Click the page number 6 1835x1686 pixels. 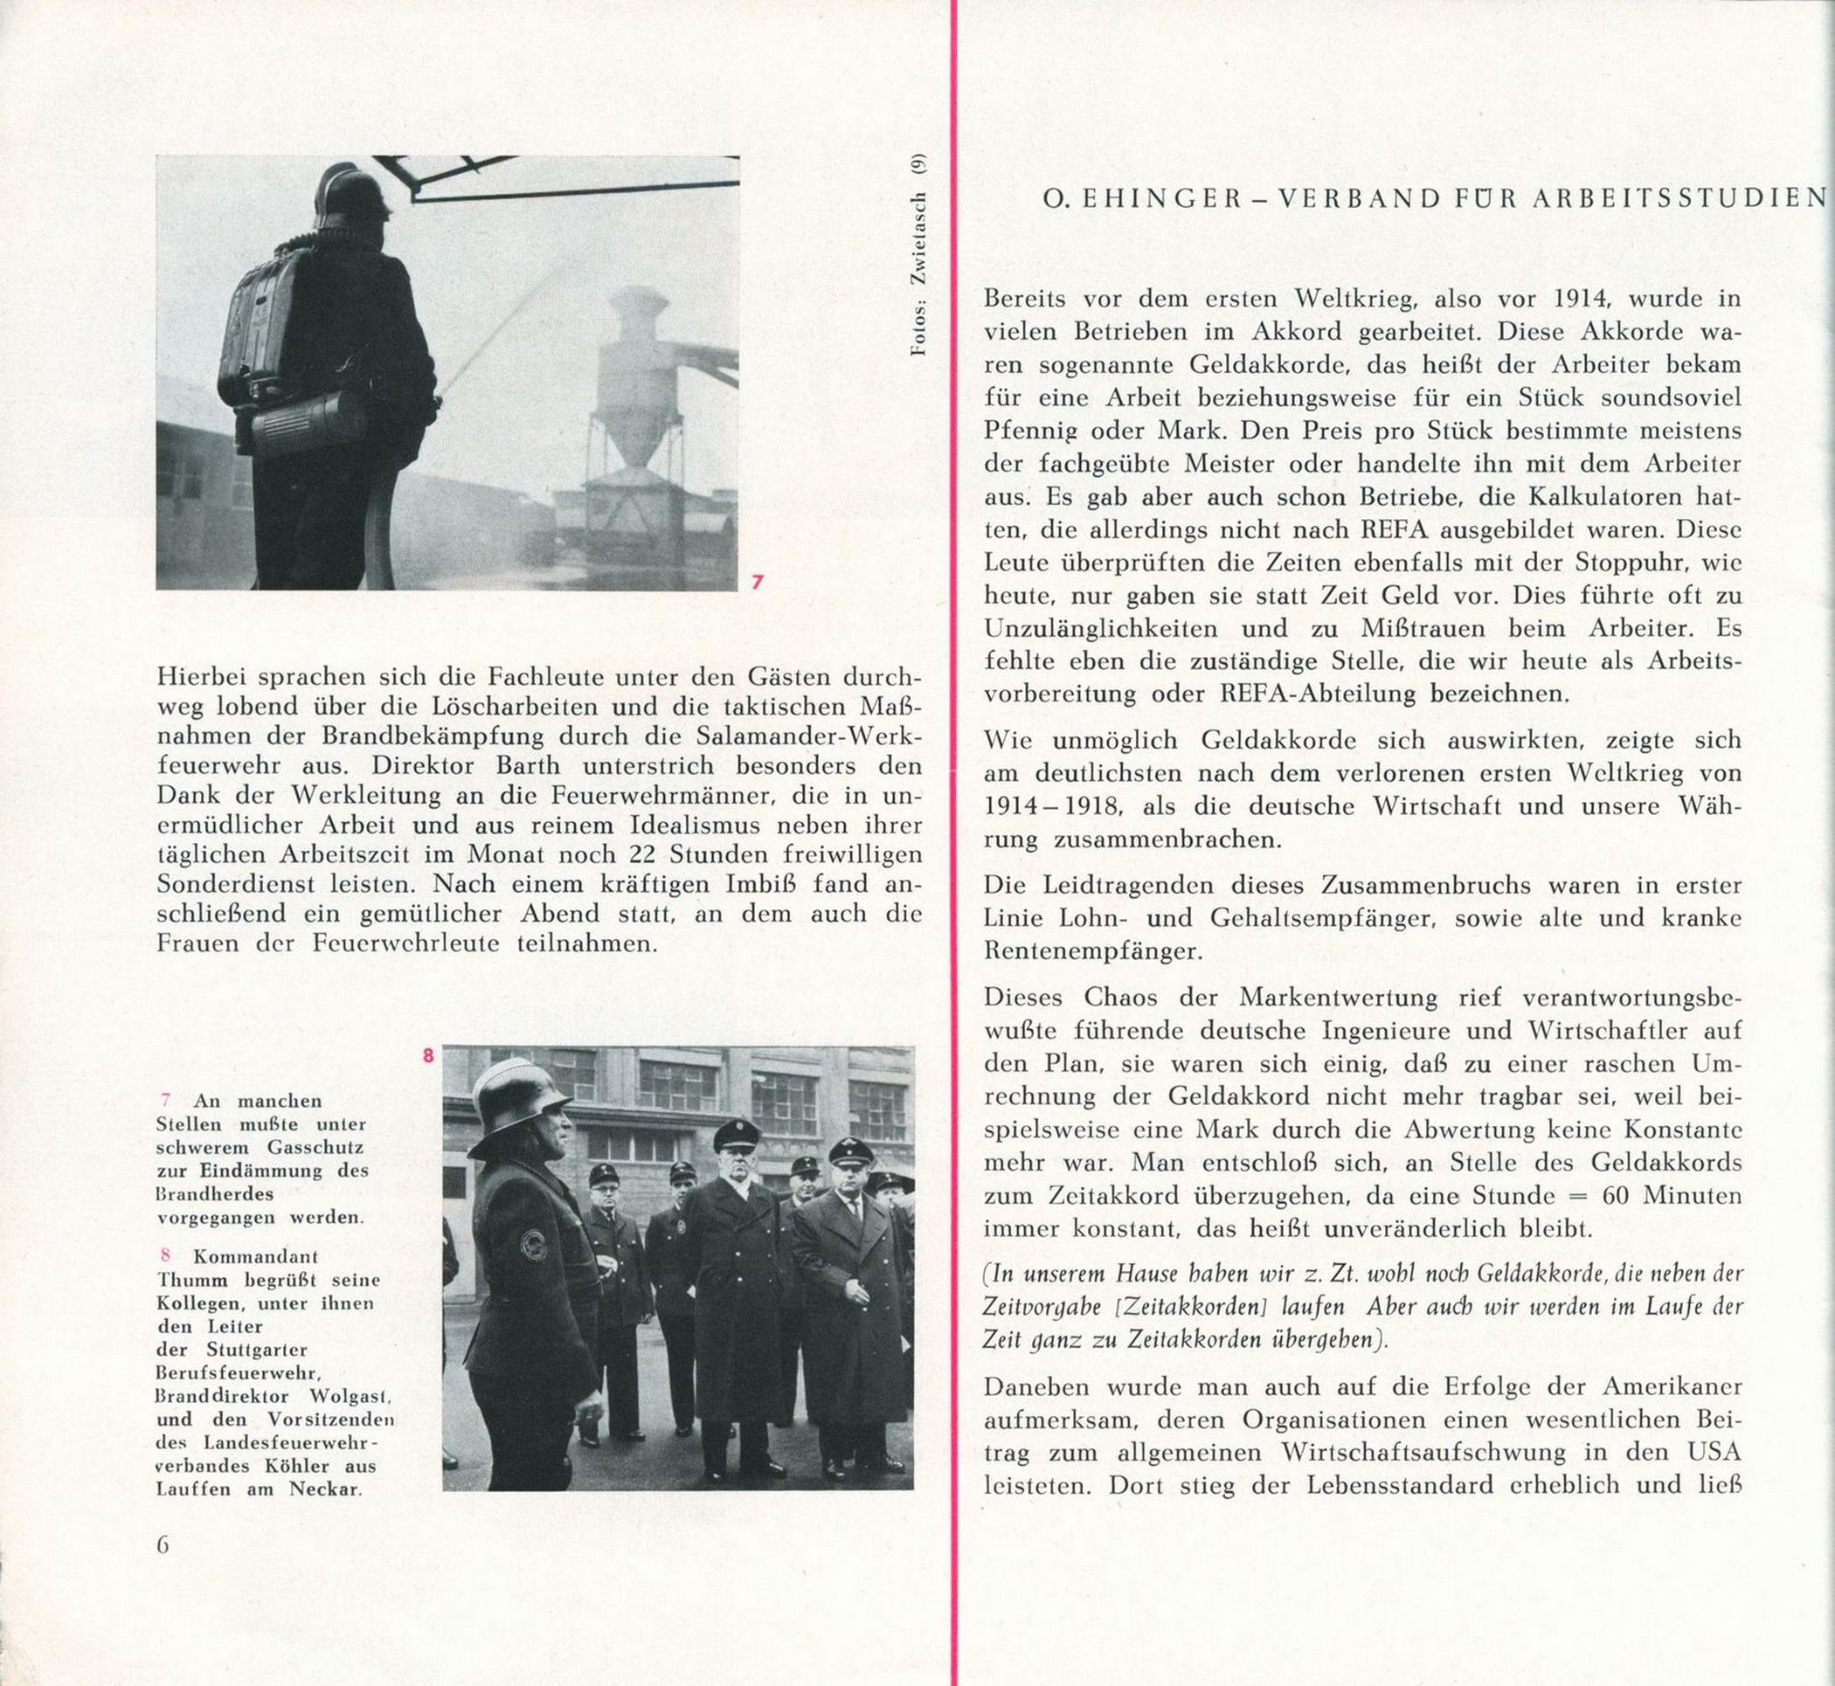click(x=163, y=1544)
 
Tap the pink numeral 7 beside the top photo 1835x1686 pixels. click(x=757, y=580)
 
